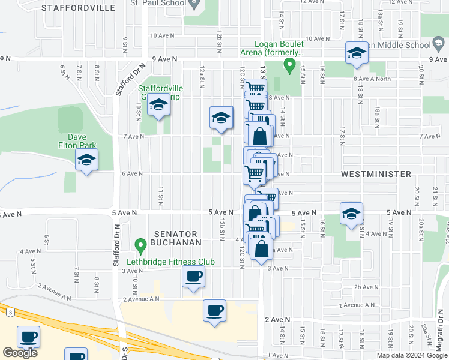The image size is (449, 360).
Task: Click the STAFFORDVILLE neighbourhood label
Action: (79, 8)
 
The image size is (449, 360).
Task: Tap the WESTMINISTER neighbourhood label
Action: (376, 174)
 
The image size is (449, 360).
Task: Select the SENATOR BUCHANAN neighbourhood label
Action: (175, 239)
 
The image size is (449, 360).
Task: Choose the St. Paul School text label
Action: (158, 3)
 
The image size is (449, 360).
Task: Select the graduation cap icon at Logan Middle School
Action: (356, 53)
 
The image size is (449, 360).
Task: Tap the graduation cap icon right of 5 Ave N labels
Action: (351, 214)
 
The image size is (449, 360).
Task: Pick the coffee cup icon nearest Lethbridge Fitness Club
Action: (193, 277)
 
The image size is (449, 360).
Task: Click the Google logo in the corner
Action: (20, 353)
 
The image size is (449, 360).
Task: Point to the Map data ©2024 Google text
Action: (411, 355)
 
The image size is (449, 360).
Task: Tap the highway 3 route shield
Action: (10, 312)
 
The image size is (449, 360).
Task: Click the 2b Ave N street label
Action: (365, 287)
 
